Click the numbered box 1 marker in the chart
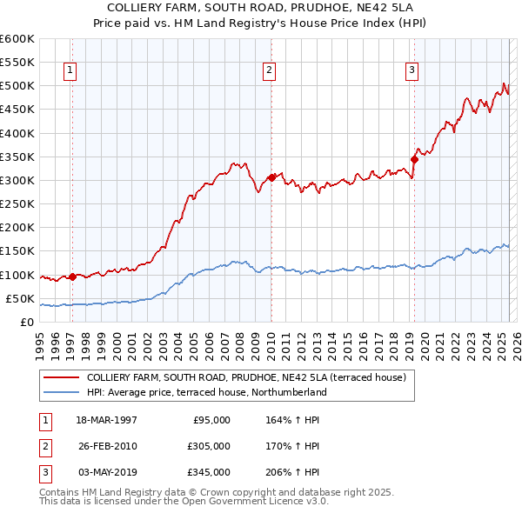click(70, 71)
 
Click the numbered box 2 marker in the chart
click(270, 71)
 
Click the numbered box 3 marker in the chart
click(412, 71)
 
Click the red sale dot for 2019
click(415, 159)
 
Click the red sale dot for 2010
click(271, 177)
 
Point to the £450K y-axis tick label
click(17, 110)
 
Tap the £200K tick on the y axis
click(17, 227)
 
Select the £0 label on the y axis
click(26, 322)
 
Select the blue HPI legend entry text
click(206, 392)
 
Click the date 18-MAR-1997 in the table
click(106, 420)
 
